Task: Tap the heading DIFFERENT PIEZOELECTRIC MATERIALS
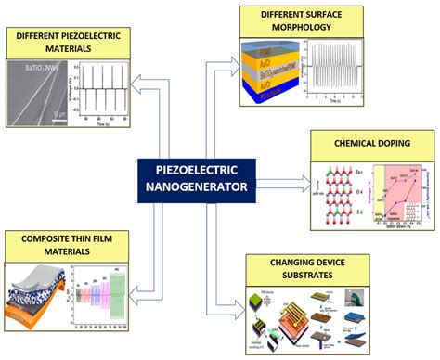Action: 67,40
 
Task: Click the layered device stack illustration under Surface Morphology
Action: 270,69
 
